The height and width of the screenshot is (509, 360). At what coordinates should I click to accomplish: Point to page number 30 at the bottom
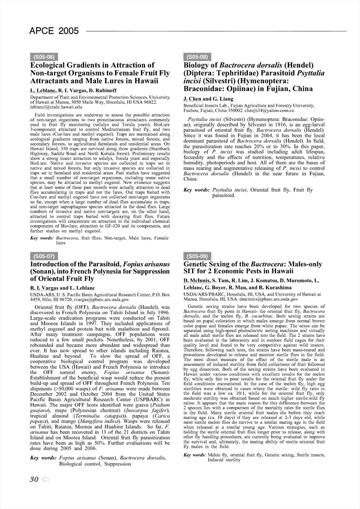coord(34,495)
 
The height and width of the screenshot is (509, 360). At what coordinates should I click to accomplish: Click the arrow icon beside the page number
coord(46,496)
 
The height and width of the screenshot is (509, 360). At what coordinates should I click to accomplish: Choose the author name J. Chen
coord(193,98)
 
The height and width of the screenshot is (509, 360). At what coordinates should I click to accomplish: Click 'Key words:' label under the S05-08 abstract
coord(197,189)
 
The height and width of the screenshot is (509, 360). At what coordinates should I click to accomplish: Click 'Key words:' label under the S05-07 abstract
coord(43,458)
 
